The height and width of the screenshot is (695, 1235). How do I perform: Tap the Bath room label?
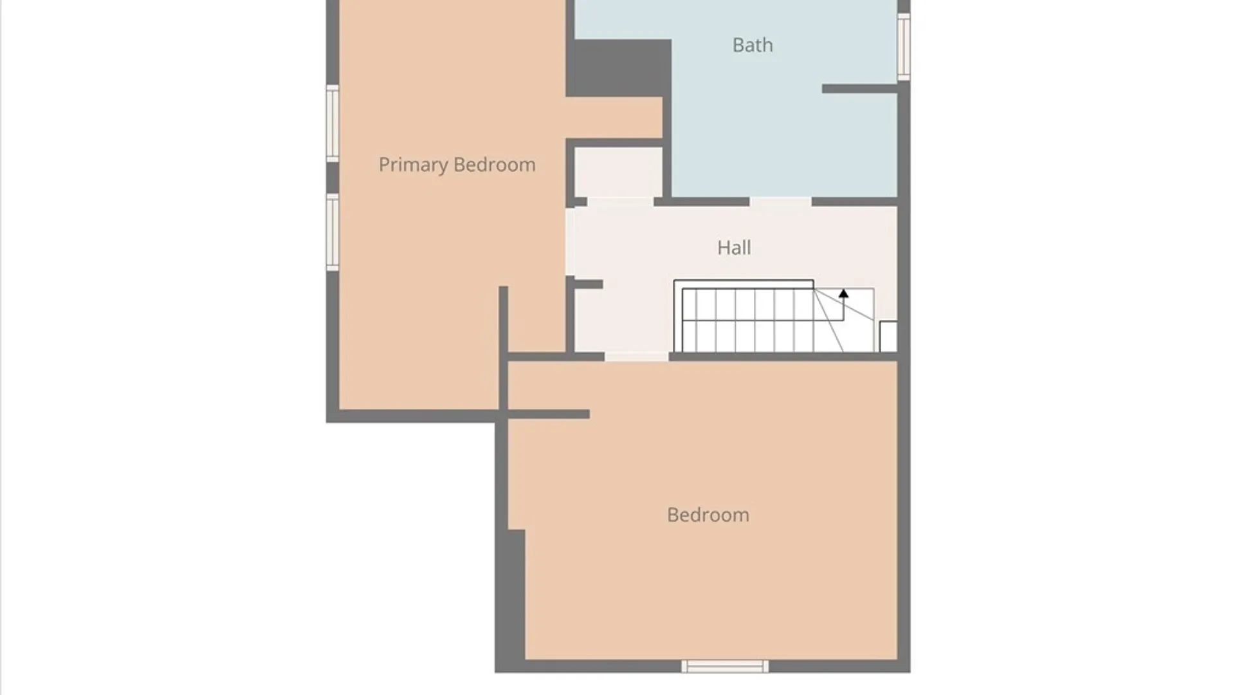[753, 45]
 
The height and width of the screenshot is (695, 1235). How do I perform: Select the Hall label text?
[734, 248]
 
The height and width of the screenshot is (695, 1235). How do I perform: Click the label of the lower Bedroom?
[708, 515]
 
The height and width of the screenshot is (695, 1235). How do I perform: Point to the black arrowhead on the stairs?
[843, 293]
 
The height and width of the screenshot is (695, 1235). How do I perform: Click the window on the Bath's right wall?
[903, 47]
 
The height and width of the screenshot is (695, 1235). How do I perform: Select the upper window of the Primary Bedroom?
[333, 124]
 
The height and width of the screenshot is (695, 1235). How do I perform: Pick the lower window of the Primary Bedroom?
[333, 232]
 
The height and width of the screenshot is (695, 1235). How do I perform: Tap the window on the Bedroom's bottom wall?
[725, 666]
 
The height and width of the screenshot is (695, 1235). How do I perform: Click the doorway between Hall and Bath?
[780, 202]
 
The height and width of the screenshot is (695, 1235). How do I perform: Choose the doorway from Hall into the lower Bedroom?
[637, 357]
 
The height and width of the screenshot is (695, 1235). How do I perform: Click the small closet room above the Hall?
[618, 172]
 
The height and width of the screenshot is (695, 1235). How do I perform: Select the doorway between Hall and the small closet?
[621, 202]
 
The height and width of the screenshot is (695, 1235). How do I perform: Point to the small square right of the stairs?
[888, 337]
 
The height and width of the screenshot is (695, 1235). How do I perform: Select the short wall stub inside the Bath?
[859, 89]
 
